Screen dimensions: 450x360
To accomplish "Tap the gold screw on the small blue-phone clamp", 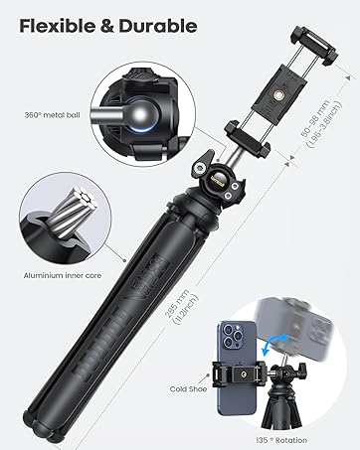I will coord(240,376).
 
